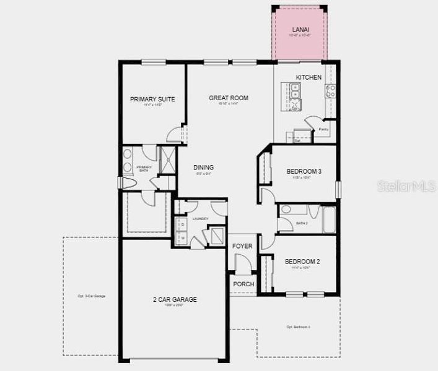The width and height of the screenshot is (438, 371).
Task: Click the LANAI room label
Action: (300, 29)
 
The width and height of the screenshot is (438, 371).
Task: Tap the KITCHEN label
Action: (309, 77)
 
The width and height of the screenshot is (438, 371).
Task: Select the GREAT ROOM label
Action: (229, 98)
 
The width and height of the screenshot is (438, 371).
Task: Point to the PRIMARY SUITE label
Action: (152, 99)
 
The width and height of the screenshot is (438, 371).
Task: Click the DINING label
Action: (203, 168)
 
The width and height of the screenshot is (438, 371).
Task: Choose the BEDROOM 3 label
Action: (303, 171)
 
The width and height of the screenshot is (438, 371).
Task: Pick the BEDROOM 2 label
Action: (302, 262)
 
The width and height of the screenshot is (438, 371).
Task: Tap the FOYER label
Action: (242, 246)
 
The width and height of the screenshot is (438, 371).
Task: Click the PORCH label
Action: (242, 284)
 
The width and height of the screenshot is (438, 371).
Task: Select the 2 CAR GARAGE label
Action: (175, 299)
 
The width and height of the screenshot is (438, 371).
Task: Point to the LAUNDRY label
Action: (200, 219)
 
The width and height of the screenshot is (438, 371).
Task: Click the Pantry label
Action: (323, 129)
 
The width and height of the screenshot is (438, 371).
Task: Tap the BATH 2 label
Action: (302, 223)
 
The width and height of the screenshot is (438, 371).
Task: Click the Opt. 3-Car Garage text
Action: (91, 296)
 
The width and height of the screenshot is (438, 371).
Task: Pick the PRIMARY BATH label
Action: (144, 168)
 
